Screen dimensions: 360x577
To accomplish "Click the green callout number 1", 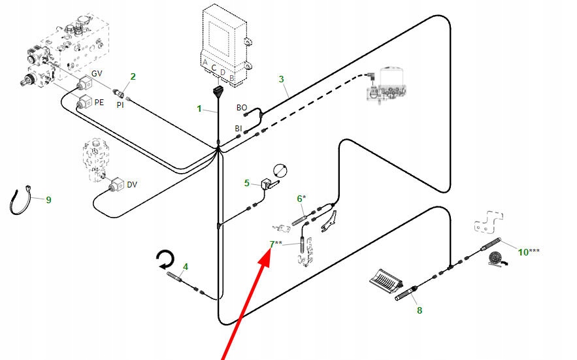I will (x=200, y=108).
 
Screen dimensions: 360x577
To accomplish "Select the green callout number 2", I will (x=133, y=76).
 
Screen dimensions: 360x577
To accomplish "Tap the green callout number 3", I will (x=282, y=80).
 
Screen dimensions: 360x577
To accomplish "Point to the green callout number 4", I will (x=186, y=267).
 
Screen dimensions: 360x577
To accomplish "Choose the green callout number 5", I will (x=247, y=183).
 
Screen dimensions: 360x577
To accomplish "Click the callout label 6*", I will (x=301, y=198).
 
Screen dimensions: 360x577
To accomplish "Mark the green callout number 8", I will (x=420, y=310).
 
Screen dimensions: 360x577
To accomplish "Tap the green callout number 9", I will (x=48, y=200).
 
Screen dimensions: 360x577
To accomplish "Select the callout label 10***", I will (x=529, y=252).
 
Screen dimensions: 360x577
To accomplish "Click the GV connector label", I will (x=97, y=73).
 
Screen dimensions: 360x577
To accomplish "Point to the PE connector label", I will (x=99, y=102).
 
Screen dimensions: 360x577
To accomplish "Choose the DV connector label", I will (x=132, y=185).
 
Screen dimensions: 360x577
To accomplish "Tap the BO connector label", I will (x=241, y=107).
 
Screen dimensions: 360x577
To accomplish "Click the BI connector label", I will (x=239, y=128).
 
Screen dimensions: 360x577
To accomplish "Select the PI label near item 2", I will (x=120, y=105).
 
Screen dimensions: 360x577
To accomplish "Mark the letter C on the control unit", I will (x=214, y=67).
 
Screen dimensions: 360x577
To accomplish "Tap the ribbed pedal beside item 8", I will (x=384, y=280).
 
